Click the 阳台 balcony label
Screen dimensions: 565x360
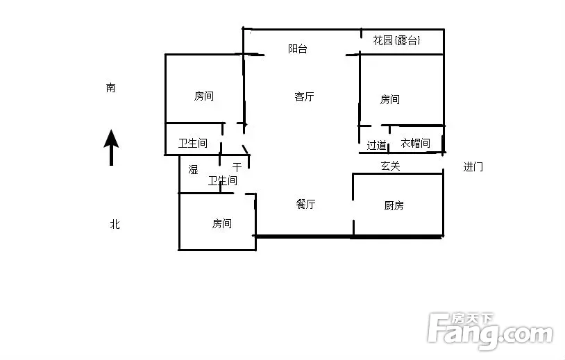click(298, 49)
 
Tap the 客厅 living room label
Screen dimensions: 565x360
click(304, 96)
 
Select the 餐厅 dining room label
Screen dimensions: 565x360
click(305, 204)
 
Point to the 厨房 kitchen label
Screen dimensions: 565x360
click(394, 205)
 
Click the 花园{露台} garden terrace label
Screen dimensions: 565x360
click(397, 40)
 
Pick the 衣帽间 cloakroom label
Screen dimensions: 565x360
click(416, 144)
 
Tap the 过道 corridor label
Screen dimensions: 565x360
click(376, 145)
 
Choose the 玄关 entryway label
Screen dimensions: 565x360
click(391, 166)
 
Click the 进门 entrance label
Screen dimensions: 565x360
click(473, 166)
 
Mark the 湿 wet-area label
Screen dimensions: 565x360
click(193, 169)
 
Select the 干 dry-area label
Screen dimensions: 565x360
click(237, 167)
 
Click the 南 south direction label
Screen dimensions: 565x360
click(110, 87)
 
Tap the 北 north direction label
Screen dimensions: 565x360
click(115, 224)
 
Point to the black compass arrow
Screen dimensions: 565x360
click(111, 148)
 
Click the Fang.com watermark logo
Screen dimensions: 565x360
click(490, 331)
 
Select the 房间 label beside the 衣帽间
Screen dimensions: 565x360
click(390, 99)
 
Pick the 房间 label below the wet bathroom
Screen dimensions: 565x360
click(221, 223)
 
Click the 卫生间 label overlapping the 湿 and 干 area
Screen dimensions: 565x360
click(223, 180)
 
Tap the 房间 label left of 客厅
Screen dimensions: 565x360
click(204, 96)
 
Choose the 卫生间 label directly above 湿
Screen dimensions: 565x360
click(193, 144)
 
